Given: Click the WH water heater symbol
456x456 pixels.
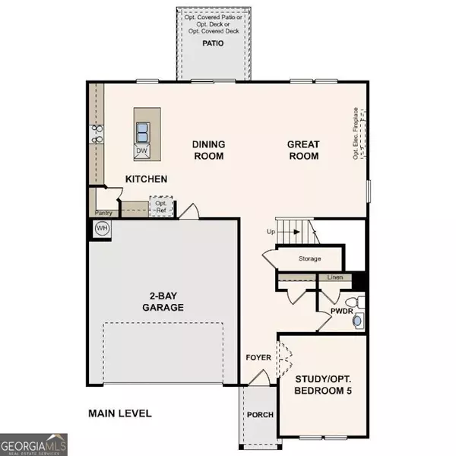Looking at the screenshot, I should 100,227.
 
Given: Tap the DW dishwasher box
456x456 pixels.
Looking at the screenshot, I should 141,150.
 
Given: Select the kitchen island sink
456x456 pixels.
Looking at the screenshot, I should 142,132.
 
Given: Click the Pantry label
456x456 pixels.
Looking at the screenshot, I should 104,213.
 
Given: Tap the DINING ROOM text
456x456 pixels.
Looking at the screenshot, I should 207,150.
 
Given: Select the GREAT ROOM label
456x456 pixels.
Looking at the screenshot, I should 302,150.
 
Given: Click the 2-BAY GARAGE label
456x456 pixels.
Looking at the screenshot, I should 163,302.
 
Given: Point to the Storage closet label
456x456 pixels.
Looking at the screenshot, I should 309,259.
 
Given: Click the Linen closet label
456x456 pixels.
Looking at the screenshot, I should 335,277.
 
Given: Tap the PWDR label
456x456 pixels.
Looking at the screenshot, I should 340,311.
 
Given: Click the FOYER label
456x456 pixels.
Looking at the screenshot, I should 258,357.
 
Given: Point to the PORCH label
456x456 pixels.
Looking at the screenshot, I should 259,414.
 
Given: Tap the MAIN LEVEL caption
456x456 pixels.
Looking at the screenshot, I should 119,413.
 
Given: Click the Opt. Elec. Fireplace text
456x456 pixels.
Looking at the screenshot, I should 355,134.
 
